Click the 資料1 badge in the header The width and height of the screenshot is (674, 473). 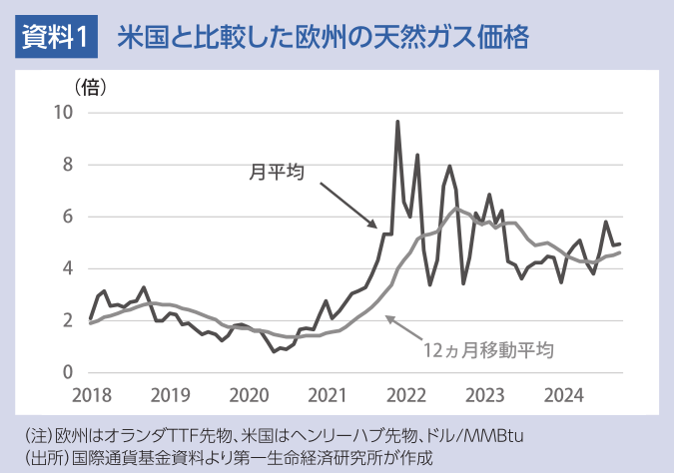56,38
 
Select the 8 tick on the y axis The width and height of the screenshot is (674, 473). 68,164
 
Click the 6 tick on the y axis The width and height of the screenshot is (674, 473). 68,216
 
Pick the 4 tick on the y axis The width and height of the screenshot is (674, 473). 68,267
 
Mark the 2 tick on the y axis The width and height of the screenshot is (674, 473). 68,320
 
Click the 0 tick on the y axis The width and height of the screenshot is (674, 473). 68,372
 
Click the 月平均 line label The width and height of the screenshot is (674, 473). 276,174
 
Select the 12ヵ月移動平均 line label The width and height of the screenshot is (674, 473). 488,350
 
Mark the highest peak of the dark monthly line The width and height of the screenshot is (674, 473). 397,123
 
